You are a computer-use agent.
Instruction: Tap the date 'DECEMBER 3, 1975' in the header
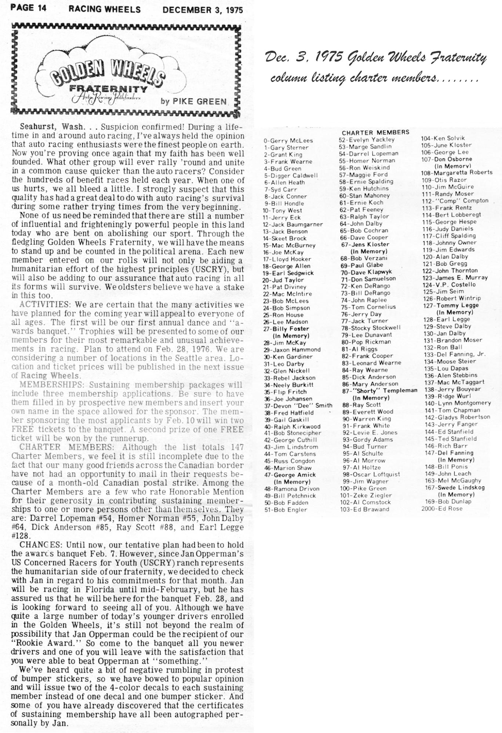[x=202, y=10]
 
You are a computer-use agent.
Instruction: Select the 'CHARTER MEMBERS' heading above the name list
[x=375, y=132]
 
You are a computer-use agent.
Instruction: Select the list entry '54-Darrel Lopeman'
[x=368, y=154]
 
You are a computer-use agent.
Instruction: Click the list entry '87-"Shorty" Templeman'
[x=379, y=391]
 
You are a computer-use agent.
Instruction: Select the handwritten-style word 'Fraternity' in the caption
[x=462, y=58]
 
